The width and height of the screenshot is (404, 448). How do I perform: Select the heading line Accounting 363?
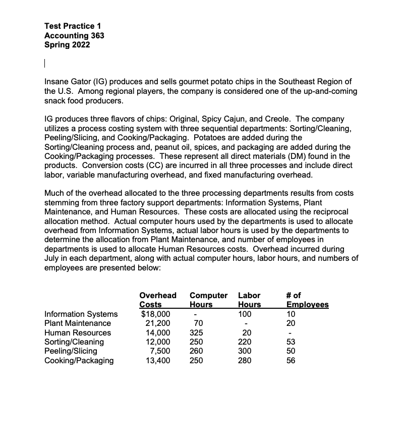pyautogui.click(x=74, y=35)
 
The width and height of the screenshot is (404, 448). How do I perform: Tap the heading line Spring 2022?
pyautogui.click(x=68, y=44)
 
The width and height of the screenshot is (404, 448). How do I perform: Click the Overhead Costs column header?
pyautogui.click(x=157, y=300)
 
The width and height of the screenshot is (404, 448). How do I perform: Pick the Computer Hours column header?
pyautogui.click(x=208, y=300)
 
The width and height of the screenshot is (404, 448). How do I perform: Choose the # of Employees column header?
pyautogui.click(x=307, y=300)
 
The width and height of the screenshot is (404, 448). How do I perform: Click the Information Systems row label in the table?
pyautogui.click(x=81, y=314)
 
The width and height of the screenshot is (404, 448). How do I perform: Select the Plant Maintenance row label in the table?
pyautogui.click(x=78, y=323)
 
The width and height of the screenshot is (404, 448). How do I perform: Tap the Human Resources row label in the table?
pyautogui.click(x=78, y=332)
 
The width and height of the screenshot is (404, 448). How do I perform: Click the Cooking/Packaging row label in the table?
pyautogui.click(x=79, y=360)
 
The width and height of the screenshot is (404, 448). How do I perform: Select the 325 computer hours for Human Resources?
pyautogui.click(x=198, y=332)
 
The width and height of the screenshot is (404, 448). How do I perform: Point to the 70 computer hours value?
pyautogui.click(x=198, y=323)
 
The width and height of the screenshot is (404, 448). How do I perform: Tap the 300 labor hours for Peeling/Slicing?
pyautogui.click(x=244, y=351)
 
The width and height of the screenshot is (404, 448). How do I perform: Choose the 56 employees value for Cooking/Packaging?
pyautogui.click(x=291, y=360)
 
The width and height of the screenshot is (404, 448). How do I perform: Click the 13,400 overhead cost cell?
pyautogui.click(x=157, y=360)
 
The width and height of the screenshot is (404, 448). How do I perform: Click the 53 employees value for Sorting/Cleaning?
pyautogui.click(x=291, y=342)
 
